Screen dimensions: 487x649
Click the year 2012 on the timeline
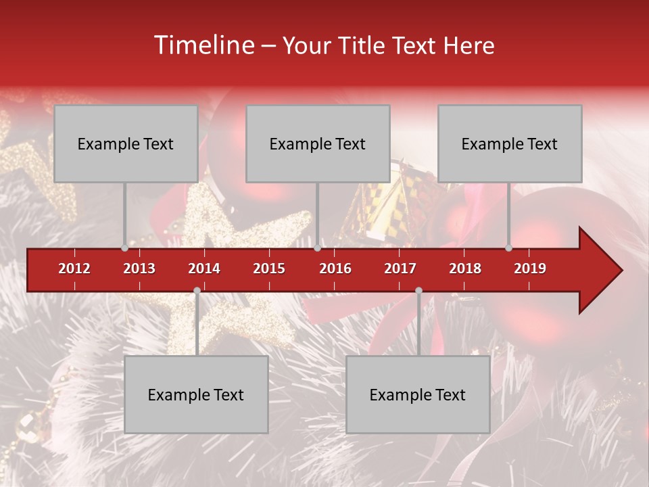pyautogui.click(x=74, y=269)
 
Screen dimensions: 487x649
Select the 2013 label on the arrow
pyautogui.click(x=139, y=269)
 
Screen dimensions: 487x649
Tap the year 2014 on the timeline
pyautogui.click(x=204, y=269)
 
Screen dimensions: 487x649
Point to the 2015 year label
pyautogui.click(x=269, y=269)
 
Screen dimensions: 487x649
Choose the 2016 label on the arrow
pyautogui.click(x=335, y=269)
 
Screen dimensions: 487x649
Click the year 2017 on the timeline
pyautogui.click(x=400, y=269)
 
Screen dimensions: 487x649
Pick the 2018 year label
pyautogui.click(x=465, y=269)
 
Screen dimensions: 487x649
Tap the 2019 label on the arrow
pyautogui.click(x=530, y=269)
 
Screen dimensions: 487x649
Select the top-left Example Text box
pyautogui.click(x=126, y=143)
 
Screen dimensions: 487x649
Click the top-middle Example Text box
pyautogui.click(x=318, y=143)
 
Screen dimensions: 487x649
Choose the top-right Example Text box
pyautogui.click(x=510, y=143)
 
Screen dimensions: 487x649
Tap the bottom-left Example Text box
pyautogui.click(x=196, y=394)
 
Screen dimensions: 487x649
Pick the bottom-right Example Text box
pyautogui.click(x=418, y=394)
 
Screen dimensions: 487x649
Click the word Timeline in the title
pyautogui.click(x=203, y=45)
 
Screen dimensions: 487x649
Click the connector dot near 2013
pyautogui.click(x=124, y=248)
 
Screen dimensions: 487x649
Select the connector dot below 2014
pyautogui.click(x=197, y=290)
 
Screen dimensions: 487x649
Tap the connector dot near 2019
pyautogui.click(x=508, y=248)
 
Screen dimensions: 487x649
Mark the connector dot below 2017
pyautogui.click(x=418, y=290)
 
